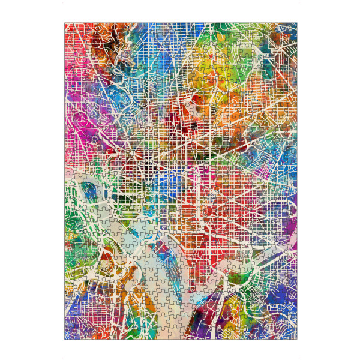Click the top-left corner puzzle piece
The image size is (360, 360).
(70, 28)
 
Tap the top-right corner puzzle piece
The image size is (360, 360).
(292, 28)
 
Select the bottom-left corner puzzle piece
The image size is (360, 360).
(70, 334)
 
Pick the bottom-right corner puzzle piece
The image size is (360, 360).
(292, 334)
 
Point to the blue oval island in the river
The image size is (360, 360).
(89, 191)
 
